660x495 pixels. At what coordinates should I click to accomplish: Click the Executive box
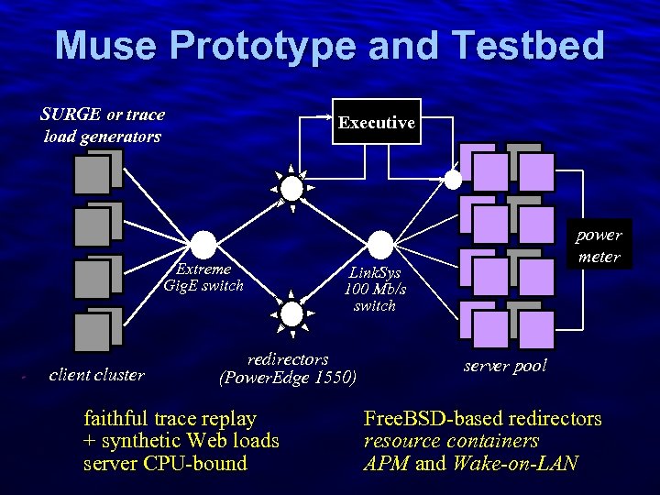pos(376,122)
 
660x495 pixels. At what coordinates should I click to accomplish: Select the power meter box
pos(599,246)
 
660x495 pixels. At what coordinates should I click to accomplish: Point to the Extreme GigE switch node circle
pos(203,244)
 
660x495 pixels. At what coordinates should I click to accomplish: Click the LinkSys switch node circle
pos(379,244)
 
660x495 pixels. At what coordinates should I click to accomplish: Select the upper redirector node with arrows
pos(291,189)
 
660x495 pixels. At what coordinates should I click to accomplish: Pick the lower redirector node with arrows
pos(291,313)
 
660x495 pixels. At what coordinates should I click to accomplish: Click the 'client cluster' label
pos(96,374)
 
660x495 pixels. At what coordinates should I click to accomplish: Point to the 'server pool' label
pos(505,366)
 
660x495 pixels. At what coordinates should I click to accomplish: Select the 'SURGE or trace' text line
pos(103,115)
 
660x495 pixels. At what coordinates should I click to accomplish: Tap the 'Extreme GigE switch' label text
pos(203,277)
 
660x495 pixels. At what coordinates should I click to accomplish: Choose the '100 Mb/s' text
pos(375,289)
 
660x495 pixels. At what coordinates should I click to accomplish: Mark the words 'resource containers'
pos(451,441)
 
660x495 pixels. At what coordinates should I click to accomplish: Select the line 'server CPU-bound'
pos(165,463)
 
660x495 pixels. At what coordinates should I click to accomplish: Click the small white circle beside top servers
pos(452,178)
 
